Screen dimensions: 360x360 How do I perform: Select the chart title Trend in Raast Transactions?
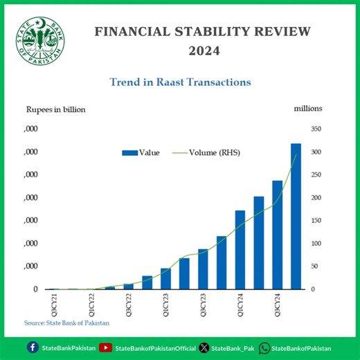pos(180,82)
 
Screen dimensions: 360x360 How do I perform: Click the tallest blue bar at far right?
pos(296,216)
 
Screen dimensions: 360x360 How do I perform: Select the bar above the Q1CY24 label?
pos(240,249)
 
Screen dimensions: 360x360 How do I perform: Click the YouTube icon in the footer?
pos(105,348)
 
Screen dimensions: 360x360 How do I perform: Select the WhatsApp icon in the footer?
pos(264,348)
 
